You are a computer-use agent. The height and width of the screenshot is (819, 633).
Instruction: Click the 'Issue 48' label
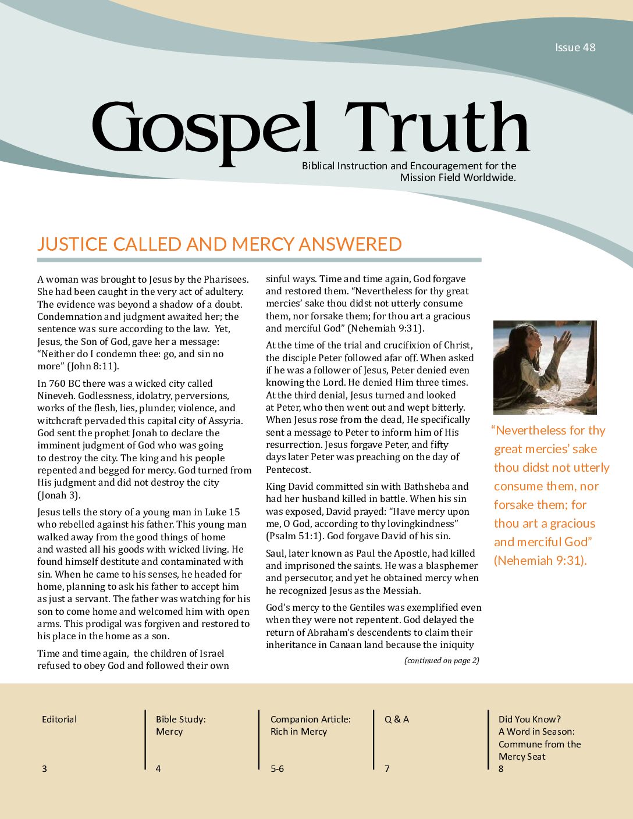pos(575,48)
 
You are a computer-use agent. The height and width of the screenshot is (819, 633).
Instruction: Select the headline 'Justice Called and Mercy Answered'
pos(219,244)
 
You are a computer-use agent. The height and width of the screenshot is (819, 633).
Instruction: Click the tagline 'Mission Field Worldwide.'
pos(458,178)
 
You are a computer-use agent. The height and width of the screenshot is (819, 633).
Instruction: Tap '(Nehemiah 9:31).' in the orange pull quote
pos(540,561)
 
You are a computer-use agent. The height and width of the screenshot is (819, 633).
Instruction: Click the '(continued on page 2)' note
pos(442,660)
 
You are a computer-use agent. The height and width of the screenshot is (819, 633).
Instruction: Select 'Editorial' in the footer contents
pos(59,720)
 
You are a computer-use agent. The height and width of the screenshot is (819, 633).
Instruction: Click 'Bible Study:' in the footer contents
pos(180,720)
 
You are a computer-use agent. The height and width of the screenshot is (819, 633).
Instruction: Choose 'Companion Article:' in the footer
pos(310,720)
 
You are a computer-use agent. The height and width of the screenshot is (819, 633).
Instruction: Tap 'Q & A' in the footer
pos(397,720)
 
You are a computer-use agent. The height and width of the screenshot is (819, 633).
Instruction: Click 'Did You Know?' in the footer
pos(529,720)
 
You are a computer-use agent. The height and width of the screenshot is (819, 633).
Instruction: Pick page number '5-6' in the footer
pos(277,769)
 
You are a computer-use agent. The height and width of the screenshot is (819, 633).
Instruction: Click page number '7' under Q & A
pos(387,769)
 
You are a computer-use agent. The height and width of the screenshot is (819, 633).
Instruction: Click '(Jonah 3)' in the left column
pos(59,496)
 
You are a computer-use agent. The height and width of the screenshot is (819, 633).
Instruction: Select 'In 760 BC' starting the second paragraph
pos(61,384)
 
